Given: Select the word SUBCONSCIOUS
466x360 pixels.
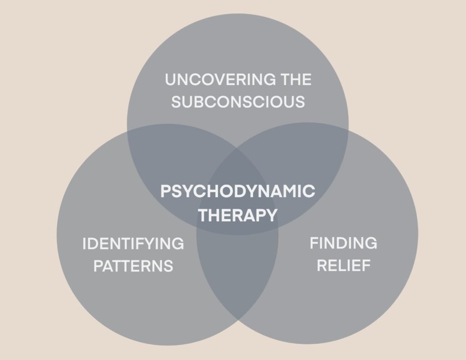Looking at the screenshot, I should coord(238,102).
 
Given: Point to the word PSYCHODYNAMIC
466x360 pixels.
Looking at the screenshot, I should coord(238,191).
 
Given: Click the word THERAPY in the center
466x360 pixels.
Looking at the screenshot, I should coord(238,215).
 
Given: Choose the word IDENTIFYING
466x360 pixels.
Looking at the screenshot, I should coord(133,244).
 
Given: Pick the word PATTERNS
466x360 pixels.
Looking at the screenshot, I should coord(133,266).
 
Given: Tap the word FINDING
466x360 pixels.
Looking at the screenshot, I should coord(344,243).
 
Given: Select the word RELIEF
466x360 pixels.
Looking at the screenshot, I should coord(344,265).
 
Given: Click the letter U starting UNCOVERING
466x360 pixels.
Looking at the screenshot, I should coord(170,80).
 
